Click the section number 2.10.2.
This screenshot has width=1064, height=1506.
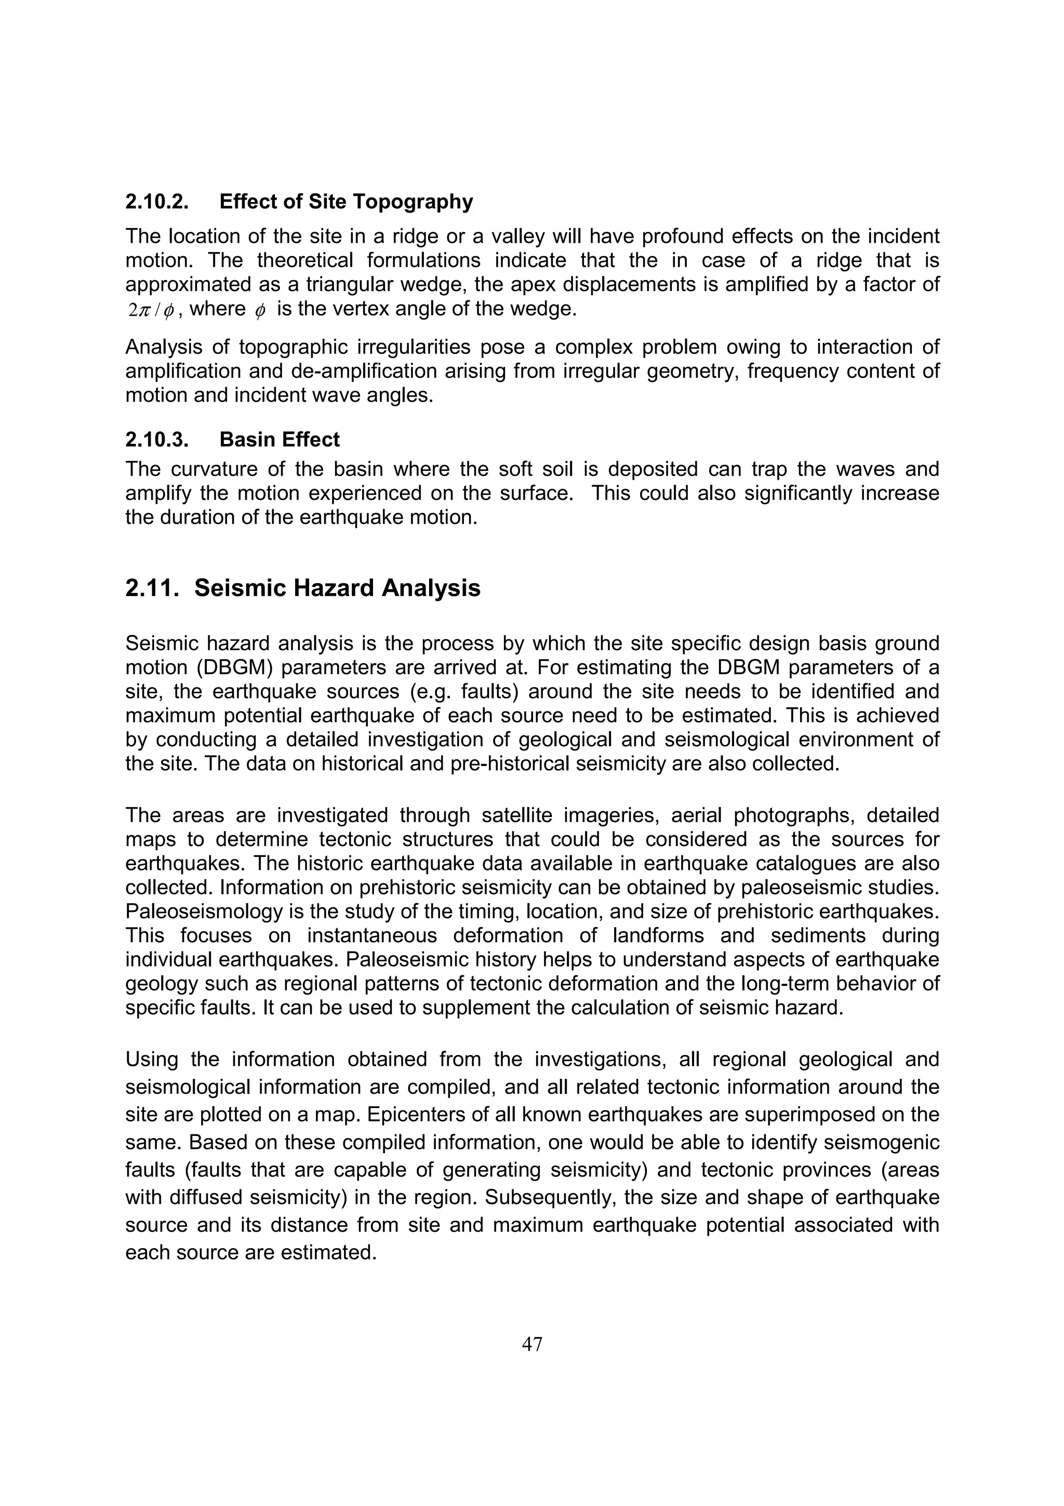tap(157, 202)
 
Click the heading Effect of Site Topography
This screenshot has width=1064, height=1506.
tap(346, 202)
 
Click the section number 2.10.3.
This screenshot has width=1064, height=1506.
tap(157, 440)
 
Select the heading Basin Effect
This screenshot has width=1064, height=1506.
tap(280, 440)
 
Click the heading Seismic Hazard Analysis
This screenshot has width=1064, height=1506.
tap(337, 588)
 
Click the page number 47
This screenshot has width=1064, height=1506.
tap(531, 1344)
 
